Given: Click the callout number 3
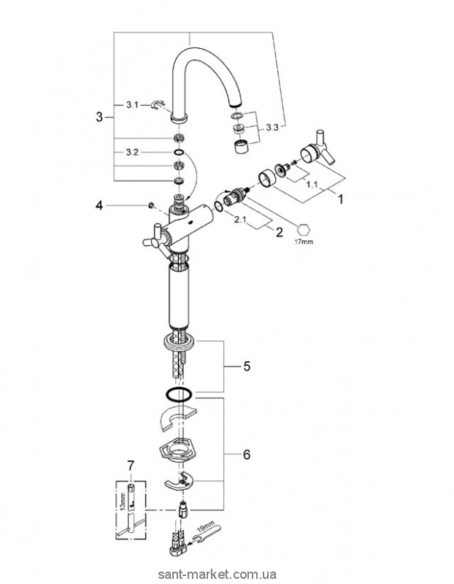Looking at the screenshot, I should click(x=100, y=116).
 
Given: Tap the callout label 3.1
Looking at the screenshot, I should click(x=131, y=106).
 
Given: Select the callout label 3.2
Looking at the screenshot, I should click(x=131, y=151).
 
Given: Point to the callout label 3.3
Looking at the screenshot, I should click(x=272, y=128).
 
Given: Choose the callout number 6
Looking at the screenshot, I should click(x=246, y=454).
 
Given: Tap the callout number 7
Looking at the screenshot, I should click(x=131, y=465).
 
